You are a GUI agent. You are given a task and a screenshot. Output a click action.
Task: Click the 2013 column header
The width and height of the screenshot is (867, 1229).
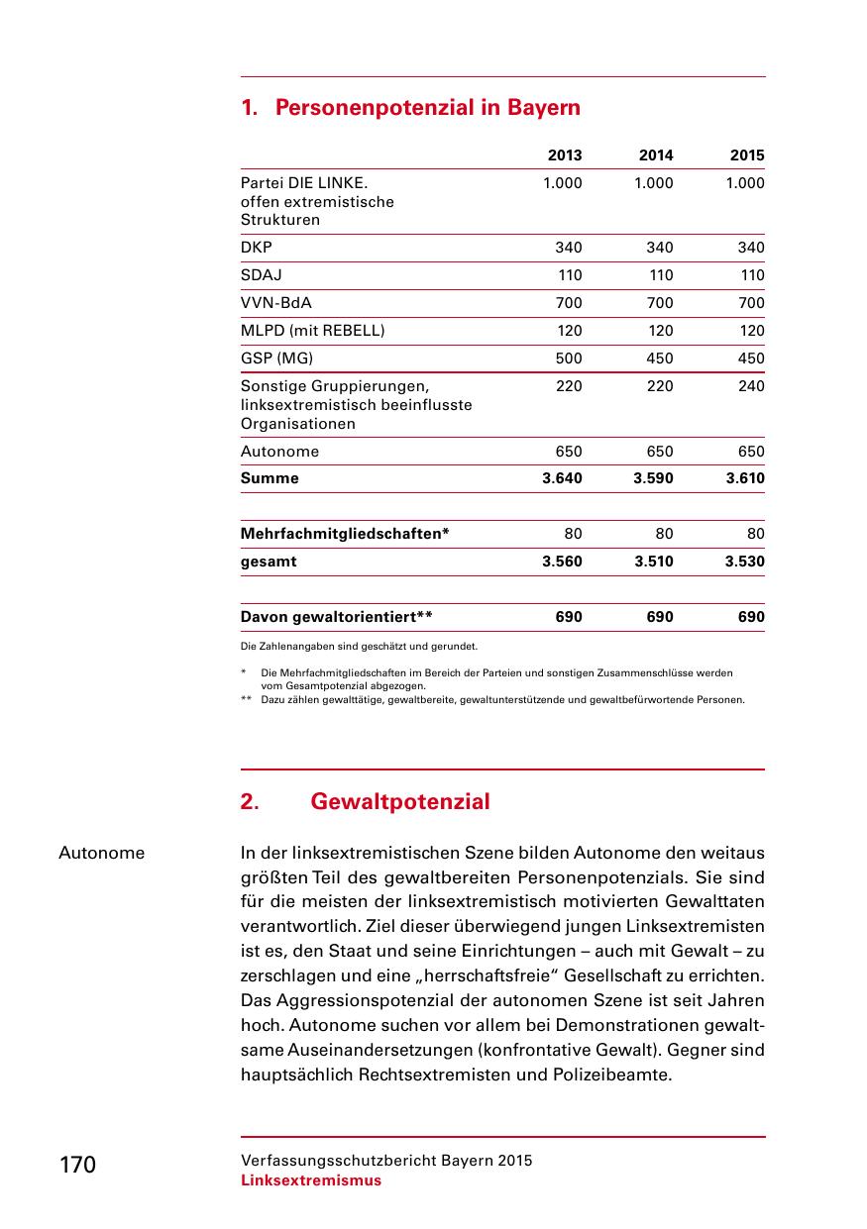(565, 155)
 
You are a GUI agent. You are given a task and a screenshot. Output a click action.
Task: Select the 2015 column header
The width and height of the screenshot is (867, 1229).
(747, 155)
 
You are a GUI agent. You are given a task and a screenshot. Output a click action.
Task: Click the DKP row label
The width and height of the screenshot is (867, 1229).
(257, 248)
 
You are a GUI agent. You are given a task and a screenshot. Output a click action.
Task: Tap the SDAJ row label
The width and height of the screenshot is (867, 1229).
(261, 275)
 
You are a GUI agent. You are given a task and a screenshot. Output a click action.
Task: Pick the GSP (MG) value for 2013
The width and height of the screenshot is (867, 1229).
(569, 358)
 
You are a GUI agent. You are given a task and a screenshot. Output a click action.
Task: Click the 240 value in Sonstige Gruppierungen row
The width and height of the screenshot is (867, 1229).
(751, 386)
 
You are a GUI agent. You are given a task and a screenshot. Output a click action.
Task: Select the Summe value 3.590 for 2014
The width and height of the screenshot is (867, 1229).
(653, 478)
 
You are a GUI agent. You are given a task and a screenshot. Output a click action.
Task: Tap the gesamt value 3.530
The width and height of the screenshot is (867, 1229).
(744, 562)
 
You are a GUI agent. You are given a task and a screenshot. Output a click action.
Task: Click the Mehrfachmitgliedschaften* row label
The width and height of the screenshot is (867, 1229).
(345, 534)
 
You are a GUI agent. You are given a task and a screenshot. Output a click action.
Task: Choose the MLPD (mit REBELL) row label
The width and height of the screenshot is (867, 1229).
(312, 331)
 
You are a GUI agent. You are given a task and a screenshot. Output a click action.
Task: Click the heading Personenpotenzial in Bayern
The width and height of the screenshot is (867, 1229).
(427, 107)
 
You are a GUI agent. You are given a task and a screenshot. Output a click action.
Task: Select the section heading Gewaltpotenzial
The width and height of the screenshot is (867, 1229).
(399, 802)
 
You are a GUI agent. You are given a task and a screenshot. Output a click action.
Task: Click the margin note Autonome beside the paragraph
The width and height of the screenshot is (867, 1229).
(101, 853)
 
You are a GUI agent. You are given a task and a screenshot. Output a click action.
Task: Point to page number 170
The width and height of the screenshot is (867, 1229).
(77, 1165)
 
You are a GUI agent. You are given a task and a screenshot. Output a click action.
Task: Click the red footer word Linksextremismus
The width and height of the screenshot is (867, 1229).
(310, 1180)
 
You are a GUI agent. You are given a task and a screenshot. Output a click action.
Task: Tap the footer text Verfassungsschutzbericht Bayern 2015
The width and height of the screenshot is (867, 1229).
(386, 1161)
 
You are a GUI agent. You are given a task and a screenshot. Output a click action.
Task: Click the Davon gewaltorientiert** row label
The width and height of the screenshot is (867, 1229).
(336, 617)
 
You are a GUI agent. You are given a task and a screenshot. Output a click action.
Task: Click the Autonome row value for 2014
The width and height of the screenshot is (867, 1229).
(659, 452)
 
